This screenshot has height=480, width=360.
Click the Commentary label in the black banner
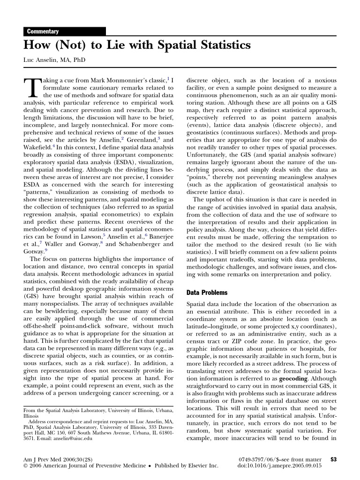tap(43, 31)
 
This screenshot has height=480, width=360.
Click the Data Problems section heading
tap(207, 292)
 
